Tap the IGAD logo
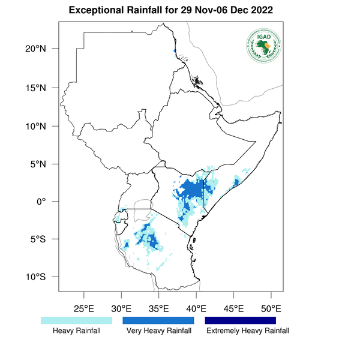click(264, 46)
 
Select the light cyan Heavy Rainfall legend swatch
click(76, 321)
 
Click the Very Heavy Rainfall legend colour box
click(158, 321)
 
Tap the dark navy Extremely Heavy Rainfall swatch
click(241, 321)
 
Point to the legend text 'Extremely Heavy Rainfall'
click(247, 331)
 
